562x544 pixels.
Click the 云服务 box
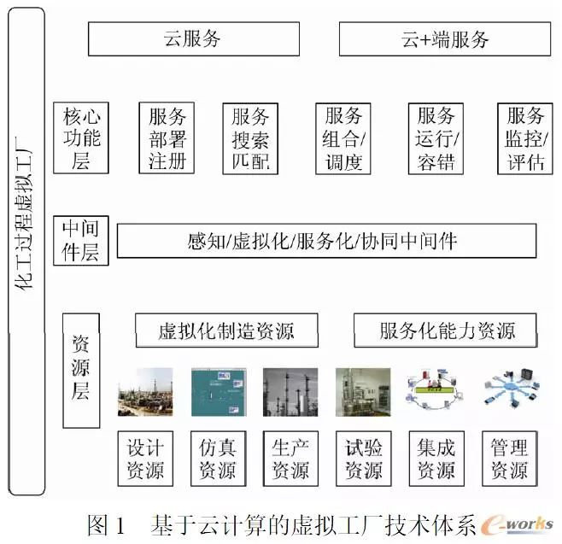tap(194, 39)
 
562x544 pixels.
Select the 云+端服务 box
tap(444, 39)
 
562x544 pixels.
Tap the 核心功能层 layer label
tap(82, 137)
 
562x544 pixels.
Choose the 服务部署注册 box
tap(167, 137)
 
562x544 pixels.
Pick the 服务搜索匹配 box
tap(249, 137)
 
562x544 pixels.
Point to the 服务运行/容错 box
tap(436, 137)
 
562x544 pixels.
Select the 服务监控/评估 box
tap(525, 137)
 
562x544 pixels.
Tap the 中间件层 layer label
tap(81, 241)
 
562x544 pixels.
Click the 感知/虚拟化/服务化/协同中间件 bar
tap(326, 241)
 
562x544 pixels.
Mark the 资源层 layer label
tap(81, 369)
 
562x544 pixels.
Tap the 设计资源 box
tap(144, 458)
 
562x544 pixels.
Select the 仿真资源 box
tap(218, 458)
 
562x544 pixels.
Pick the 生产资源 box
tap(290, 458)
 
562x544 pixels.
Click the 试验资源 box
tap(363, 458)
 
